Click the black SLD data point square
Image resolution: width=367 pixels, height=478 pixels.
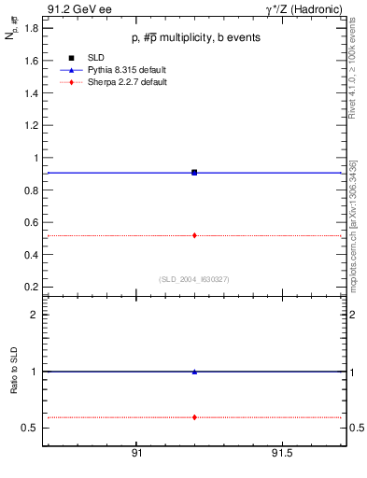point(194,173)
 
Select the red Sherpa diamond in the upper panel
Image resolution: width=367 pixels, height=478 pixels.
point(194,235)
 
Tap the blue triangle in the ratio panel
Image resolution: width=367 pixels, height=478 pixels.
point(194,372)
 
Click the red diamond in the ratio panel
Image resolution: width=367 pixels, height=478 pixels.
point(194,417)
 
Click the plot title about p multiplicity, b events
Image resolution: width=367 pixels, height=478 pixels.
point(195,37)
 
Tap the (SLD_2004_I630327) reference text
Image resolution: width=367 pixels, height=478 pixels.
point(194,279)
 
